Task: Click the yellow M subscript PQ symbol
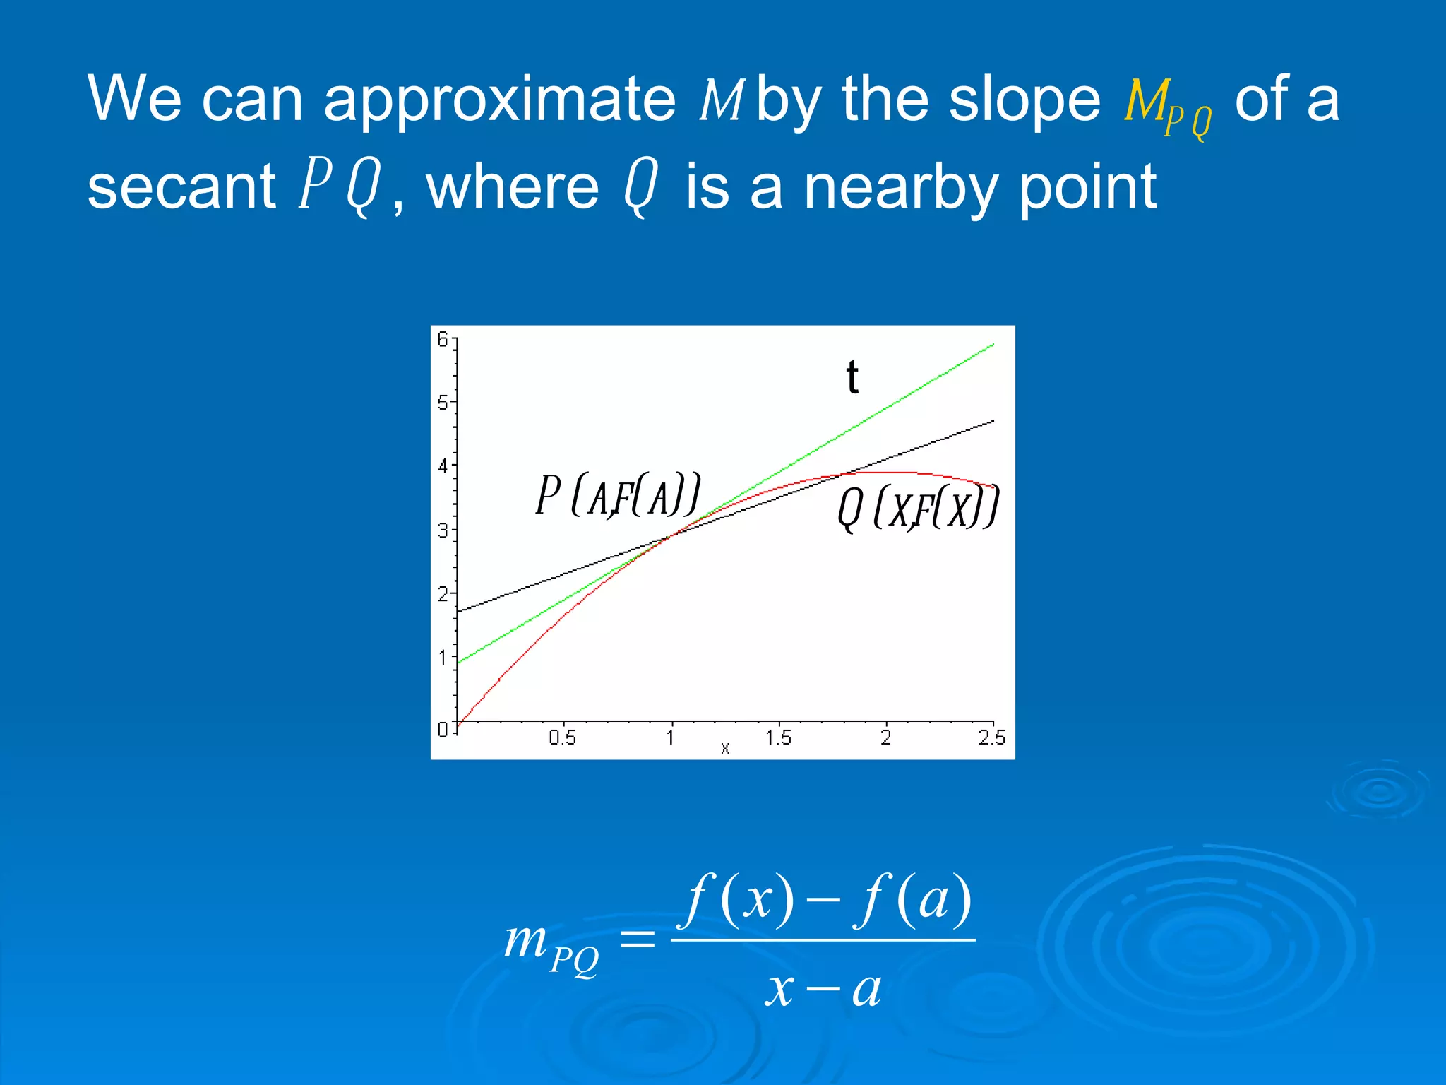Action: pyautogui.click(x=1166, y=106)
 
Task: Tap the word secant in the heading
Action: pyautogui.click(x=181, y=187)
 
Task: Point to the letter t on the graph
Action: pyautogui.click(x=852, y=377)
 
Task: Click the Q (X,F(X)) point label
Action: pyautogui.click(x=918, y=509)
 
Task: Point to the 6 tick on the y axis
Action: pyautogui.click(x=443, y=339)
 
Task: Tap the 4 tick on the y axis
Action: pyautogui.click(x=443, y=466)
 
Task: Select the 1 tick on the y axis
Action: pyautogui.click(x=443, y=658)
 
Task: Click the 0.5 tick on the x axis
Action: pyautogui.click(x=562, y=737)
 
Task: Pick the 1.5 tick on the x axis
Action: pyautogui.click(x=778, y=737)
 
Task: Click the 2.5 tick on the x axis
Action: pyautogui.click(x=991, y=737)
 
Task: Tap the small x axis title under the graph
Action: pyautogui.click(x=724, y=748)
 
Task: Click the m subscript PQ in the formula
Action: pyautogui.click(x=551, y=947)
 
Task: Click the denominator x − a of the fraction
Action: pyautogui.click(x=823, y=989)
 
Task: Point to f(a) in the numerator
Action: pyautogui.click(x=914, y=901)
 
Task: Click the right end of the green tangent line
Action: pyautogui.click(x=992, y=345)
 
